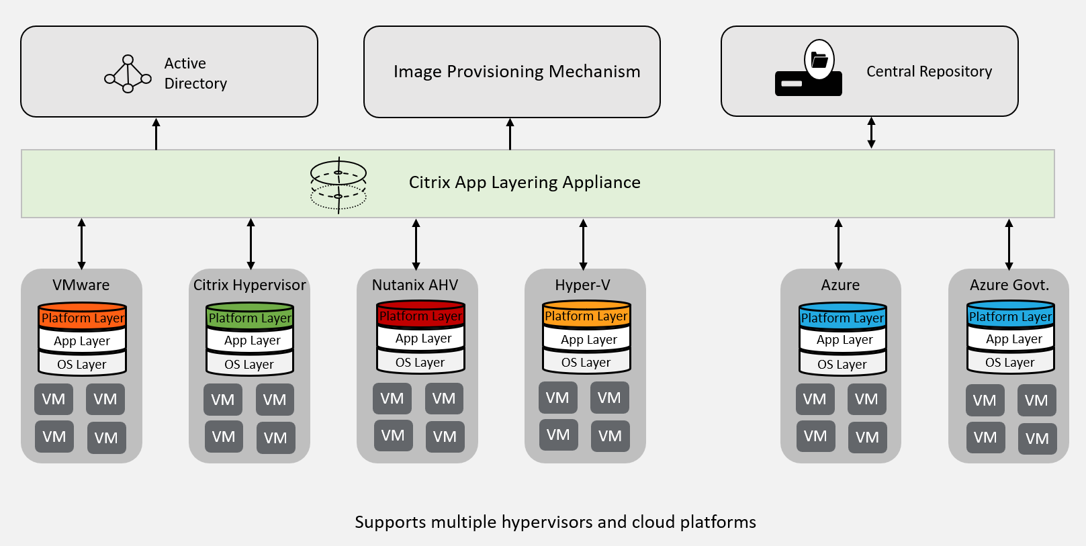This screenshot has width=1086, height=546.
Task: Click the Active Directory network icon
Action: pos(128,74)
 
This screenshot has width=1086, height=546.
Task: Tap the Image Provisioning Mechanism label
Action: pos(516,72)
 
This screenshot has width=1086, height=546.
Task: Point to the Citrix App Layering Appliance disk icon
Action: pos(338,185)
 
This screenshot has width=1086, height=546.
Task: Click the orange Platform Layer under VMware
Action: pos(83,318)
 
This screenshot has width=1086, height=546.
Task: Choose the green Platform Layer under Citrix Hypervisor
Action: pos(250,318)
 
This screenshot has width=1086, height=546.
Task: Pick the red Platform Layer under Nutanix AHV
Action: pos(420,316)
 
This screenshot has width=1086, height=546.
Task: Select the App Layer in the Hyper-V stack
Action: pos(588,340)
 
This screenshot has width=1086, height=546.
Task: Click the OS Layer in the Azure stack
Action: pos(842,365)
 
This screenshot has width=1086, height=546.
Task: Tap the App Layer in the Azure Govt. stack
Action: pos(1013,339)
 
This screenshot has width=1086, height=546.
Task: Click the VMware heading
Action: pos(81,285)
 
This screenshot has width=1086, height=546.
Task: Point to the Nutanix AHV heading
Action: pos(415,285)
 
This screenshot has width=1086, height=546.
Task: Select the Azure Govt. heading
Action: pos(1009,285)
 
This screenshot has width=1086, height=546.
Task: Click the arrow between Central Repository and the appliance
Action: pos(871,133)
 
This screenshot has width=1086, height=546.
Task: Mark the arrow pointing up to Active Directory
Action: pos(156,134)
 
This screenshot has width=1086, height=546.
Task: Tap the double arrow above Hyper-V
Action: pos(583,244)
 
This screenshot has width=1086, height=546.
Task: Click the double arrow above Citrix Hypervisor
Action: pos(251,244)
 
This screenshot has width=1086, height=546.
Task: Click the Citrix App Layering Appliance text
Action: pos(525,183)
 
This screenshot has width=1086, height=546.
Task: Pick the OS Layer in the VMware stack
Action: pos(82,365)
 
